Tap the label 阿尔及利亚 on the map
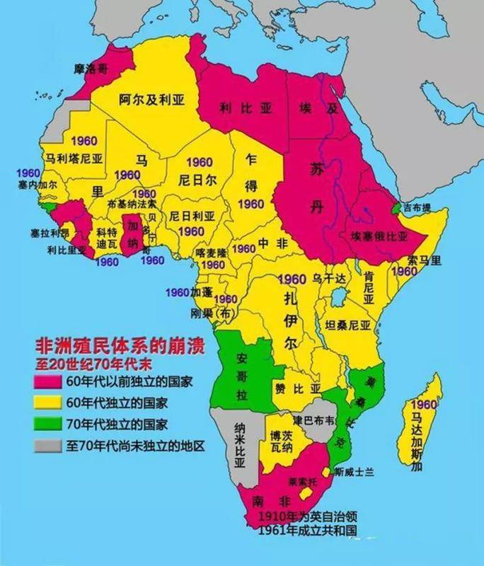point(151,100)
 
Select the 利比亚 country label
point(236,108)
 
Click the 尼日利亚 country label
point(188,216)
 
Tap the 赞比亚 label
point(298,388)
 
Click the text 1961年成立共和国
point(306,530)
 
